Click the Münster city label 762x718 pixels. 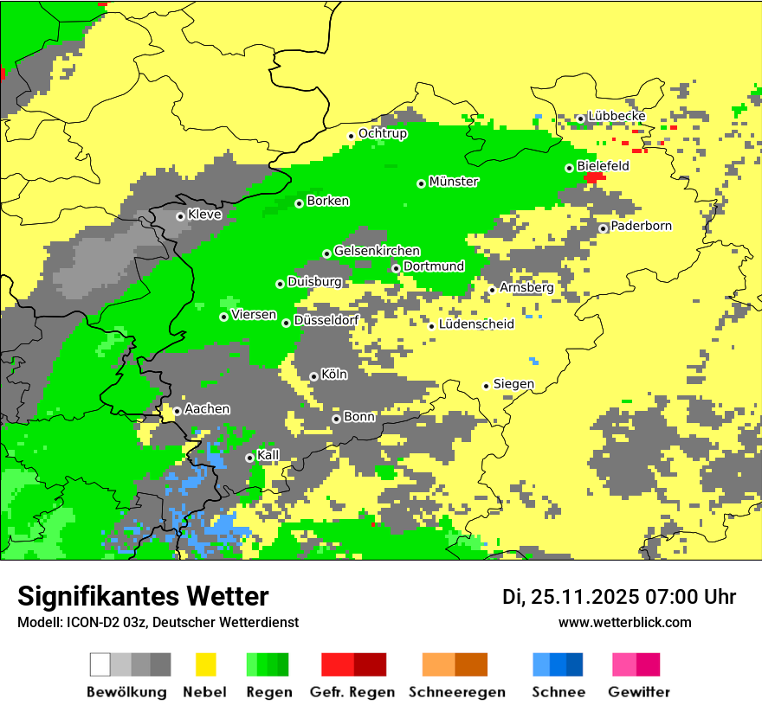[454, 182]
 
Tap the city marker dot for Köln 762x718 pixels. [313, 376]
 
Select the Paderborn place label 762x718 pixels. [641, 226]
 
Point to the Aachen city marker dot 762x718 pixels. [177, 412]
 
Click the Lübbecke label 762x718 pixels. [617, 116]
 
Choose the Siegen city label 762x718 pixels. [513, 384]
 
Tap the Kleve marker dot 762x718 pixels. [180, 216]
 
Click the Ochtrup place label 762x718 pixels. [383, 133]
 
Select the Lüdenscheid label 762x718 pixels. [476, 324]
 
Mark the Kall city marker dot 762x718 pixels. [249, 458]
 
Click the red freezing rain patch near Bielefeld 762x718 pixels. [594, 177]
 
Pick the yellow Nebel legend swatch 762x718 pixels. [206, 664]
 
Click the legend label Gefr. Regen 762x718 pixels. [352, 692]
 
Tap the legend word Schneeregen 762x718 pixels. [457, 692]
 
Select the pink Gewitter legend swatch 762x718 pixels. [624, 664]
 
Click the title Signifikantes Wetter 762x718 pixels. [143, 596]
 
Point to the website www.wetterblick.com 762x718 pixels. [624, 622]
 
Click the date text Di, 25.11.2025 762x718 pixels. [568, 597]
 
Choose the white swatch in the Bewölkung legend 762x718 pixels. [100, 664]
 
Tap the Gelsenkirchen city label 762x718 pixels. [377, 251]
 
